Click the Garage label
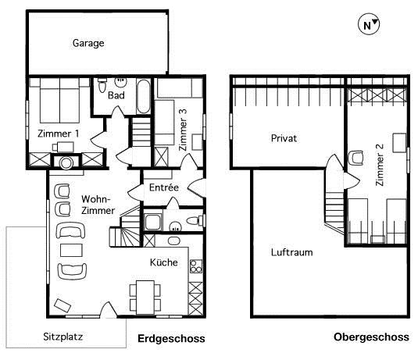point(88,44)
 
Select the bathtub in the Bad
point(142,97)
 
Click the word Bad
point(116,95)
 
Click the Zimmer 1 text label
point(59,134)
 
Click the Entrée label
point(164,187)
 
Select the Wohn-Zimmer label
point(98,205)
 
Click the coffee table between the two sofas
point(71,251)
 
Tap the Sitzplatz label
point(63,337)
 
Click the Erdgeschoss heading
point(171,339)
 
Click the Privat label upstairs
point(284,137)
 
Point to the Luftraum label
point(291,252)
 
